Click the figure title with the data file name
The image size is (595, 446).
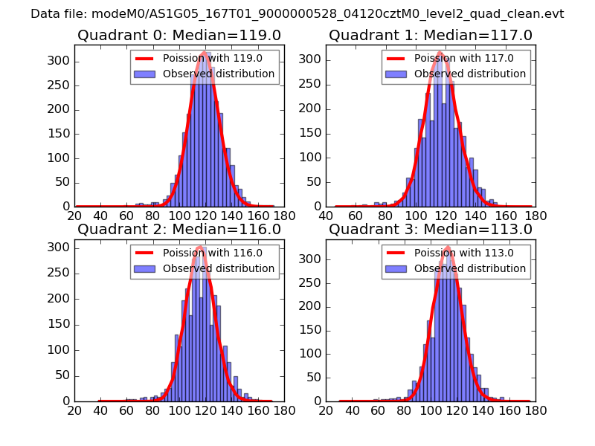(297, 13)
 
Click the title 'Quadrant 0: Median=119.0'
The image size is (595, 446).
(179, 36)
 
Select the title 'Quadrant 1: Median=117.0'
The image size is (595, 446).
(431, 36)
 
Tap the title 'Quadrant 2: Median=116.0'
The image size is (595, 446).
(179, 230)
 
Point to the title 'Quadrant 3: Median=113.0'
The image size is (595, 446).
(431, 230)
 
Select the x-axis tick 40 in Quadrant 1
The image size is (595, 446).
(326, 216)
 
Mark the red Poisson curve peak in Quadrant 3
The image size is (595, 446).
(447, 248)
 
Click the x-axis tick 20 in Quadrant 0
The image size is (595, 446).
(74, 216)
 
